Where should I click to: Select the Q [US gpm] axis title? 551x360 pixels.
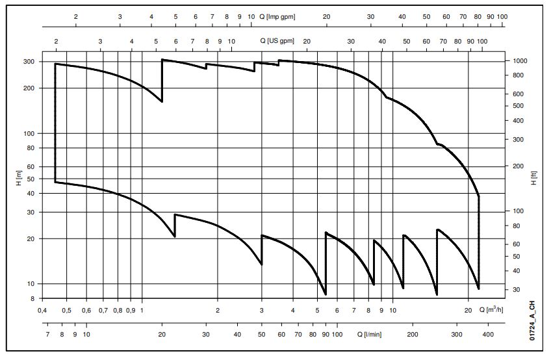[x=277, y=40]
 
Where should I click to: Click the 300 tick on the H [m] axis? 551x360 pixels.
[x=30, y=62]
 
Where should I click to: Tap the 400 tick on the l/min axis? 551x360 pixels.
[x=489, y=335]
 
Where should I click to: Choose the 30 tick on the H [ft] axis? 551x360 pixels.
[x=518, y=290]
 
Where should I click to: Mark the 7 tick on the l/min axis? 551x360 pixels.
[x=48, y=335]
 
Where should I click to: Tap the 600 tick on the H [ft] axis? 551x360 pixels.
[x=519, y=94]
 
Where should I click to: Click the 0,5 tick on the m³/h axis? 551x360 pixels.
[x=67, y=311]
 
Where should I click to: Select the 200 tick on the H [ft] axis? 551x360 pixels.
[x=519, y=166]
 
